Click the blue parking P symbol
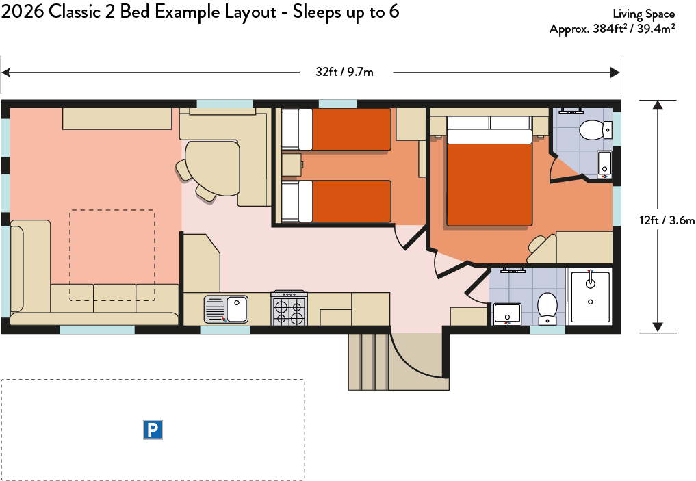(x=153, y=430)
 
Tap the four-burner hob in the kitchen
(x=289, y=309)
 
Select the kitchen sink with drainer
(x=226, y=309)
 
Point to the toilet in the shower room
(x=547, y=309)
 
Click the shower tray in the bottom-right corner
(x=590, y=296)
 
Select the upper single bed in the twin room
(x=337, y=129)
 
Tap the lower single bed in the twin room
(x=337, y=201)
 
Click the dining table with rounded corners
(x=213, y=168)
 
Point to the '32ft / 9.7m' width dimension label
(x=344, y=72)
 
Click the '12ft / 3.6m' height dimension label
(x=667, y=220)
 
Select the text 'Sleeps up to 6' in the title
(x=346, y=12)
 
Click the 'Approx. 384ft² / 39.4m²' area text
(x=613, y=29)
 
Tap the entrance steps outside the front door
(x=368, y=361)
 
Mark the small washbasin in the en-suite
(x=604, y=164)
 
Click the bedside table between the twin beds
(x=292, y=165)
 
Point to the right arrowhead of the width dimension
(x=616, y=73)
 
